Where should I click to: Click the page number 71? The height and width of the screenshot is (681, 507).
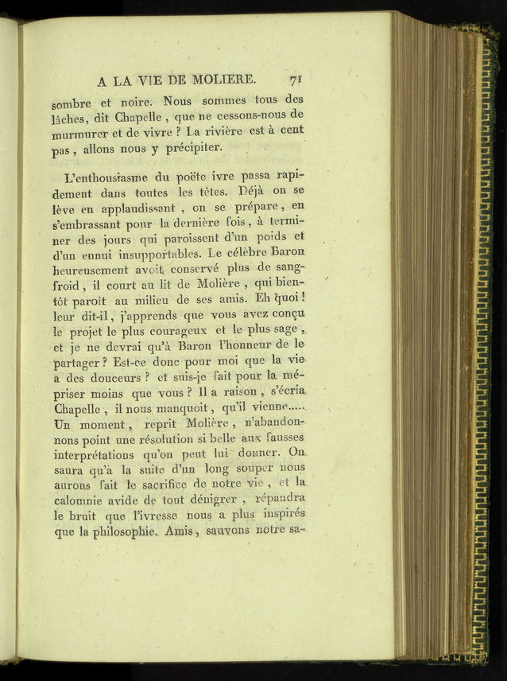[x=299, y=80]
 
